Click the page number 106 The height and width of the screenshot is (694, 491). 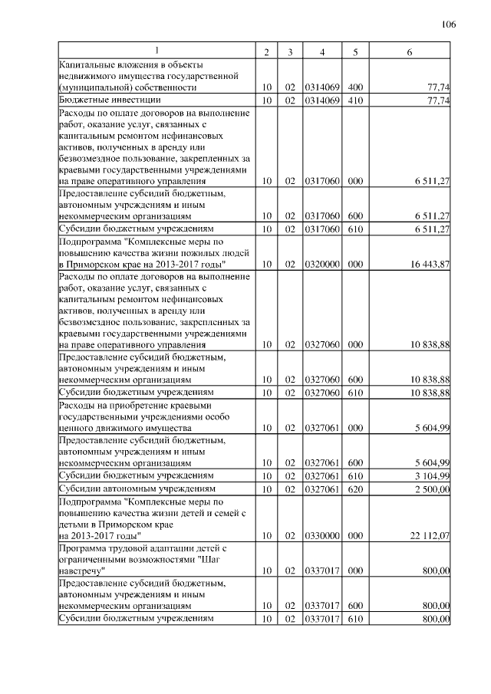pyautogui.click(x=450, y=25)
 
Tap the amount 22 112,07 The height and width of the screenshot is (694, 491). pyautogui.click(x=430, y=536)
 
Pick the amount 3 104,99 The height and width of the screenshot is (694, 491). pyautogui.click(x=433, y=475)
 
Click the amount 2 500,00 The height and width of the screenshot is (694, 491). pyautogui.click(x=433, y=488)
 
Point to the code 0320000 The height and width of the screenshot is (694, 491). pyautogui.click(x=322, y=264)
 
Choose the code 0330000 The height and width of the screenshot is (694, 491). pyautogui.click(x=322, y=536)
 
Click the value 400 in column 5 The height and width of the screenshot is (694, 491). pyautogui.click(x=355, y=87)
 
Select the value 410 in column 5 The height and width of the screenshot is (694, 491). pyautogui.click(x=355, y=100)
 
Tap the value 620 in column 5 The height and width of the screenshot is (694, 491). pyautogui.click(x=355, y=488)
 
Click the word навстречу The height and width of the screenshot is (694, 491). pyautogui.click(x=81, y=571)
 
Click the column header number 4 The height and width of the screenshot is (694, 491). pyautogui.click(x=322, y=51)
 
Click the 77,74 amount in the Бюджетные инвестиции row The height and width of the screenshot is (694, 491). pyautogui.click(x=438, y=100)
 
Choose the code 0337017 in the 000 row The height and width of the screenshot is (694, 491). pyautogui.click(x=322, y=571)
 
